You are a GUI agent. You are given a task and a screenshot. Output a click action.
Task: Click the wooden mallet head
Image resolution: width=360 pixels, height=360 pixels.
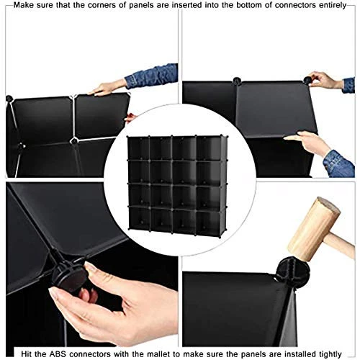(314, 229)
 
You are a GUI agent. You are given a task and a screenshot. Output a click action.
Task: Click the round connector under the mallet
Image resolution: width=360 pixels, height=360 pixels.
(292, 269)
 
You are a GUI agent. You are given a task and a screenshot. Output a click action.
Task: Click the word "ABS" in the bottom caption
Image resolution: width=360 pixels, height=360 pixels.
(58, 354)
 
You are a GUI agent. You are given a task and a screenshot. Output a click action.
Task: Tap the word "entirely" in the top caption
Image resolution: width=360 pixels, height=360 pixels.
(333, 6)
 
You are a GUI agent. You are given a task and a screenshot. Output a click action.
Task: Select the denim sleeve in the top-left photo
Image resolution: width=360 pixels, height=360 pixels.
(152, 75)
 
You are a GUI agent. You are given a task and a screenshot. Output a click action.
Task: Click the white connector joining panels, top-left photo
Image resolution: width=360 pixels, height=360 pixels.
(73, 140)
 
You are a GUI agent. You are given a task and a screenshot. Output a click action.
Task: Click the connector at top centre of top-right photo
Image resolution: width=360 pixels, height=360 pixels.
(237, 81)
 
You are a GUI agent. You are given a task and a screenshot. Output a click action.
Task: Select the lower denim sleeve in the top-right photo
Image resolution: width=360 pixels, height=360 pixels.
(339, 164)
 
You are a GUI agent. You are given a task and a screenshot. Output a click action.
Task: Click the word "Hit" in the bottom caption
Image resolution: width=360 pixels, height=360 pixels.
(26, 354)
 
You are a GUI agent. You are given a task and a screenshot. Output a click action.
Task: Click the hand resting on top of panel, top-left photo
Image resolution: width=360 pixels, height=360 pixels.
(108, 88)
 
